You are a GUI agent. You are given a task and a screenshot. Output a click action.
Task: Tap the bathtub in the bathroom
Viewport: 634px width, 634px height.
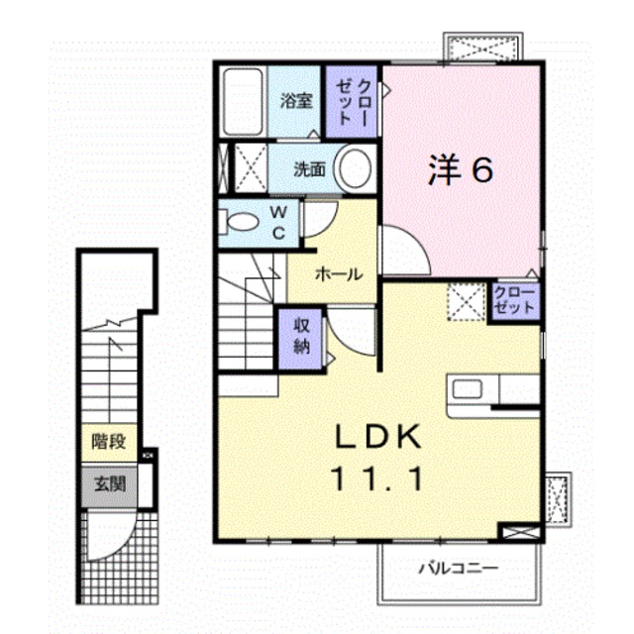click(241, 101)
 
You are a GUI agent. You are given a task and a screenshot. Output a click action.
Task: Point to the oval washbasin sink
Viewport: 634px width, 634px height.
click(353, 167)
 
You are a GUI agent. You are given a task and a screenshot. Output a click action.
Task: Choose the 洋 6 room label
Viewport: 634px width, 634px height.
click(461, 171)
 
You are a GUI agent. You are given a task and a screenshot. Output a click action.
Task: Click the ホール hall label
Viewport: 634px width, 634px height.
click(337, 275)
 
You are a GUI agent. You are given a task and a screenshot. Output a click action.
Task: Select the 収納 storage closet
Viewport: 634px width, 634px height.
click(302, 336)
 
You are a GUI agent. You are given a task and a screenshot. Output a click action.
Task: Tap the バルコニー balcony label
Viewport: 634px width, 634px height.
click(458, 568)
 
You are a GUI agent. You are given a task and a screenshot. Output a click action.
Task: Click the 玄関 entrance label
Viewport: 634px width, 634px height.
click(109, 485)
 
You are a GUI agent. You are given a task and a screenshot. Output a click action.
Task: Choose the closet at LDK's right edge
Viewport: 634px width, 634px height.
click(515, 300)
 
